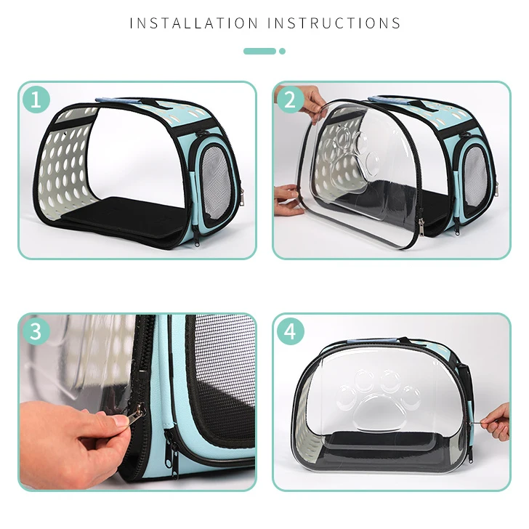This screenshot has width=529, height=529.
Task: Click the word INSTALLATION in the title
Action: (x=194, y=23)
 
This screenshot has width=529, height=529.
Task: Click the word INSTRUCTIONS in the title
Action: (x=334, y=23)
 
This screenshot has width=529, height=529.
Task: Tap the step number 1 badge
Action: (x=36, y=99)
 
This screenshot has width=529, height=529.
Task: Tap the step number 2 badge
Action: (x=290, y=99)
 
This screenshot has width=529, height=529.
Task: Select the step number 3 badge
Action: (x=36, y=331)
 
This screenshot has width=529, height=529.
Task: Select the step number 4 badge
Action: (x=290, y=331)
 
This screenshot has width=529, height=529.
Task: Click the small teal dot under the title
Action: (x=282, y=51)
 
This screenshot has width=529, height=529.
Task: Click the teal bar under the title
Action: (x=259, y=51)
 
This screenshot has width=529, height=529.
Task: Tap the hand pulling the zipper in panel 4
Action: (x=496, y=421)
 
